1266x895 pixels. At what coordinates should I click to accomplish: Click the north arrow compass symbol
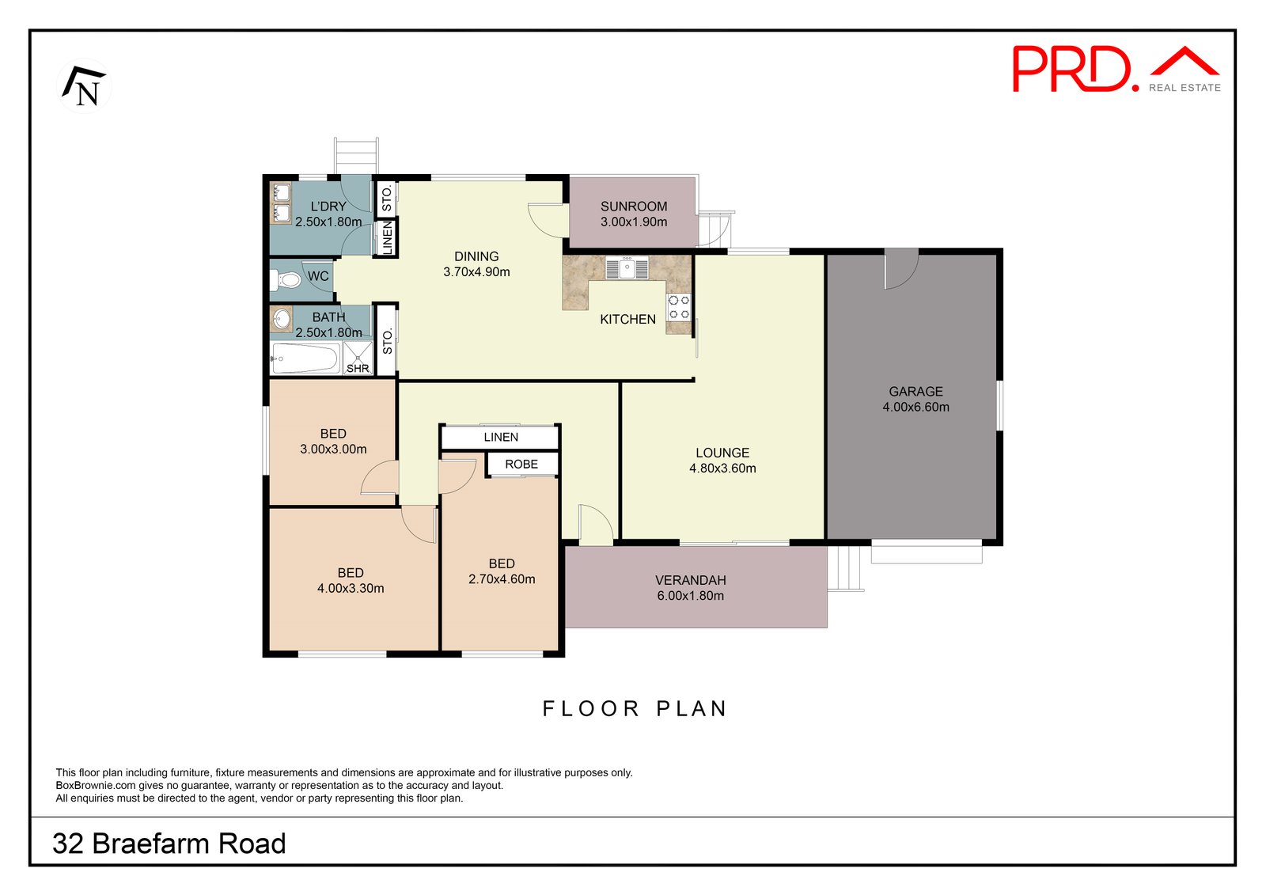[x=85, y=86]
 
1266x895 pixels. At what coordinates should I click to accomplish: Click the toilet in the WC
[x=286, y=279]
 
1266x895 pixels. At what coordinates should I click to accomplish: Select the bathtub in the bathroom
[x=305, y=358]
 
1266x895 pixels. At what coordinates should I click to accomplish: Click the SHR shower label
[x=358, y=368]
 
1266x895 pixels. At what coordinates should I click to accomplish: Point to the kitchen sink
[x=627, y=267]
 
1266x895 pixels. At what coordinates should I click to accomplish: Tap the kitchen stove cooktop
[x=679, y=307]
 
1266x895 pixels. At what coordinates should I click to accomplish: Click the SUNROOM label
[x=634, y=206]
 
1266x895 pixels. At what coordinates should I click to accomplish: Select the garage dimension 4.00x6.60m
[x=915, y=407]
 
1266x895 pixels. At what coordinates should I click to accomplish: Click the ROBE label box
[x=521, y=464]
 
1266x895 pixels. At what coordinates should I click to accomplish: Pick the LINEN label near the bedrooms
[x=501, y=437]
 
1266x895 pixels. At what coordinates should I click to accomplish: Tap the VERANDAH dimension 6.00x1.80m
[x=690, y=596]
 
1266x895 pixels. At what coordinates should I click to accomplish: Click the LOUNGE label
[x=722, y=453]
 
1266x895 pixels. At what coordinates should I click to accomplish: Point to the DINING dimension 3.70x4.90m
[x=476, y=271]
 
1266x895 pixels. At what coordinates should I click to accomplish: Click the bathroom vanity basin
[x=281, y=320]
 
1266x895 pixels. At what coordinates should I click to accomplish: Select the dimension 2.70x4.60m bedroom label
[x=502, y=579]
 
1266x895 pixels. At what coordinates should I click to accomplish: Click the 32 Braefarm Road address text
[x=169, y=844]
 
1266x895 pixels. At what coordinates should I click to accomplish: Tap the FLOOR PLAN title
[x=634, y=708]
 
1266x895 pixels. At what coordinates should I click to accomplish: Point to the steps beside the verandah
[x=845, y=568]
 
